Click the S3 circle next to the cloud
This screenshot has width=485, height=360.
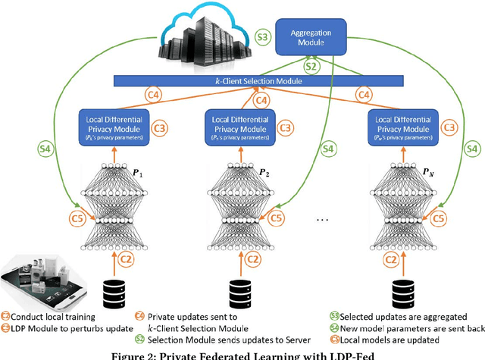(x=262, y=36)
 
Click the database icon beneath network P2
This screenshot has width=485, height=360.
(x=239, y=291)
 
